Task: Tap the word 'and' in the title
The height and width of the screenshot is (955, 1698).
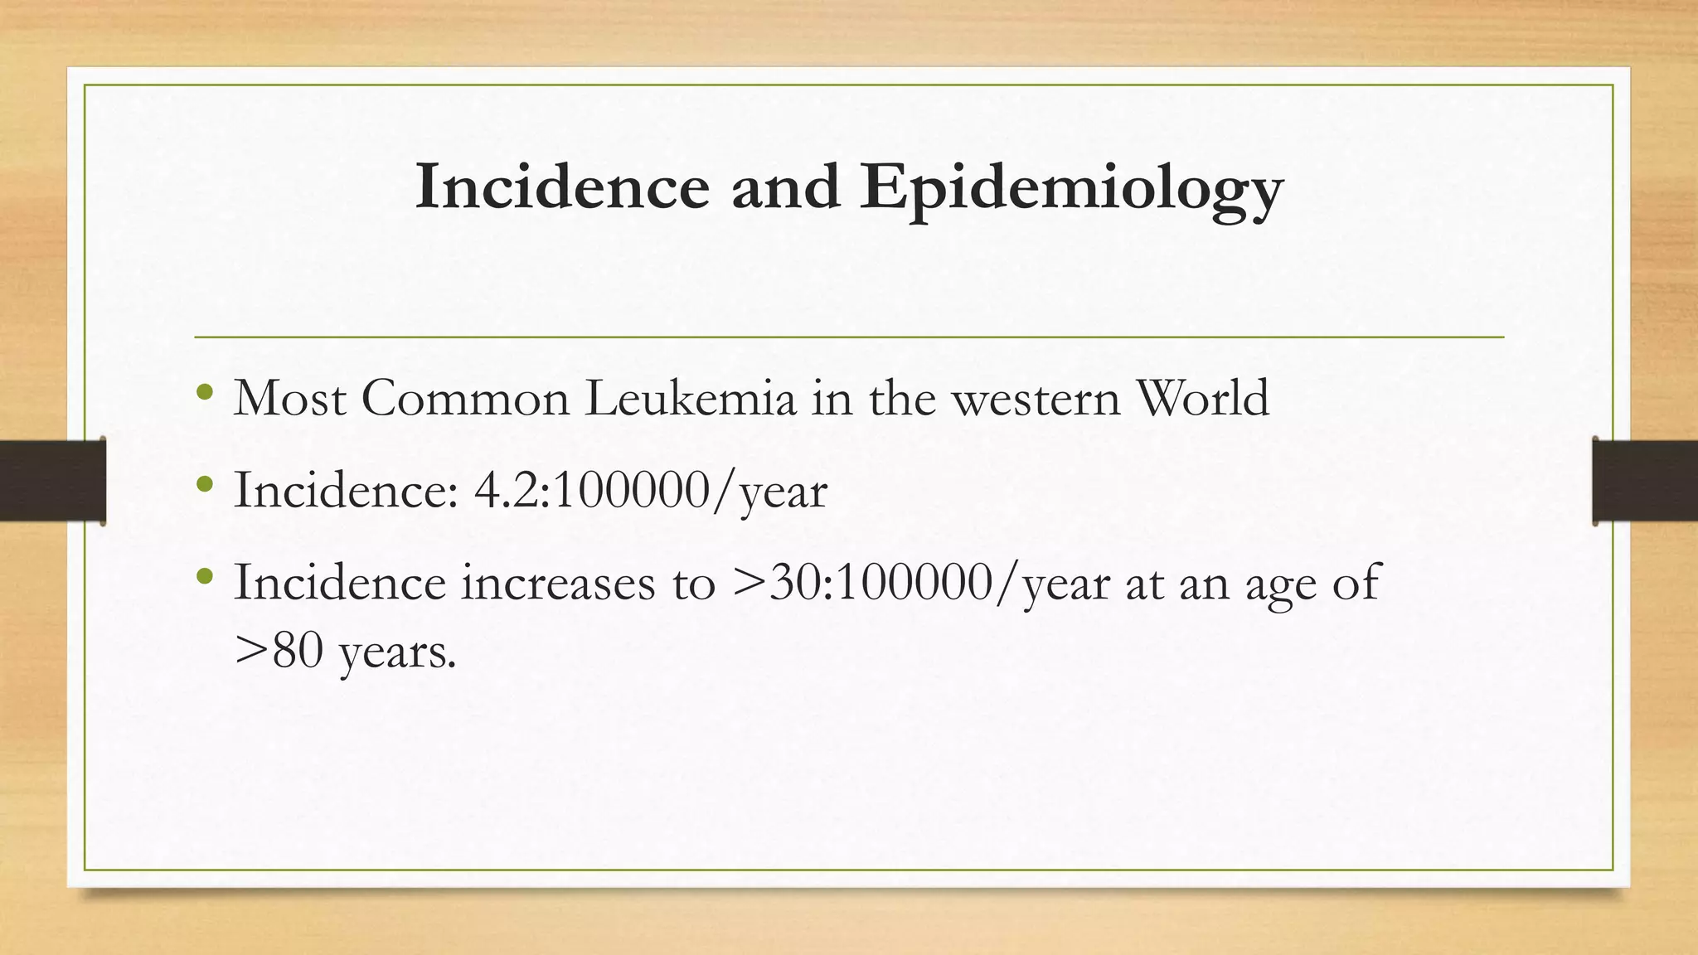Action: click(784, 187)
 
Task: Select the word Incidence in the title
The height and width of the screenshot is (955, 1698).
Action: click(562, 187)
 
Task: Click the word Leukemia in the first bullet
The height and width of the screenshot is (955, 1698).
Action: click(691, 399)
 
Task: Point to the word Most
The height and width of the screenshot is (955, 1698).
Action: click(289, 399)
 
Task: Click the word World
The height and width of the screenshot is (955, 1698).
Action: click(1203, 399)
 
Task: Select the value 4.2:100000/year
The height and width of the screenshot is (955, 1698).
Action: click(650, 492)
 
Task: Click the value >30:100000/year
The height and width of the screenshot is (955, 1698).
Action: click(921, 584)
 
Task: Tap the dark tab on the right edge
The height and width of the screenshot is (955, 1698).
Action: click(1645, 481)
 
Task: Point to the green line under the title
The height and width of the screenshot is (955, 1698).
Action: click(849, 337)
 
